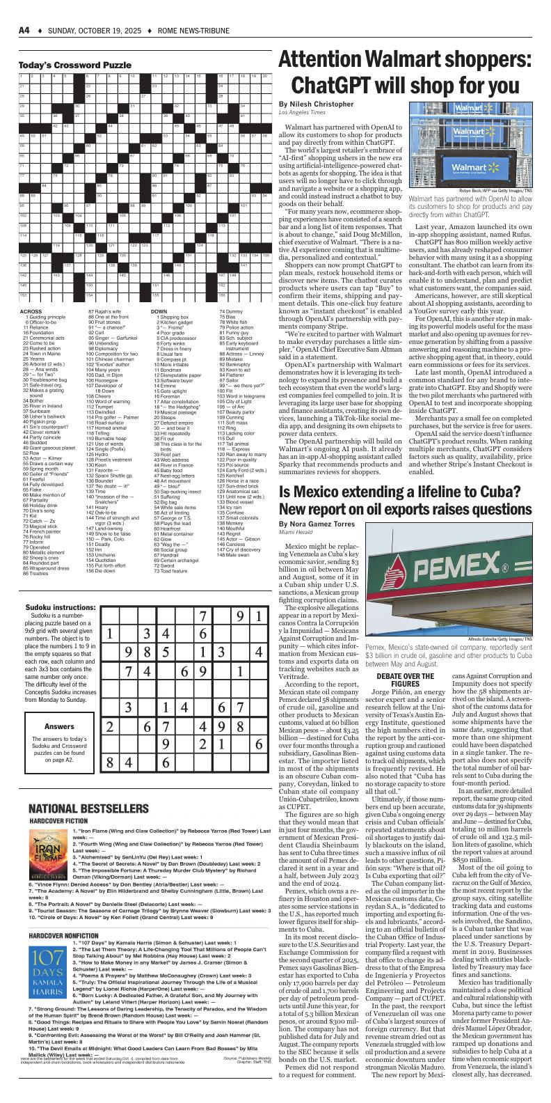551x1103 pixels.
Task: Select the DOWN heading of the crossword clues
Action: [x=159, y=311]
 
